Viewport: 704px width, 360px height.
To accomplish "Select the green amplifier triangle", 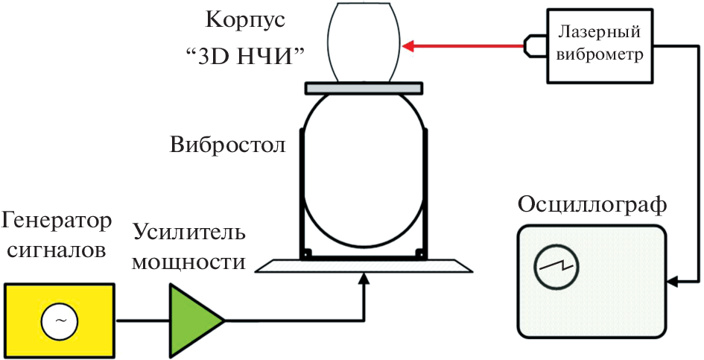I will (x=193, y=320).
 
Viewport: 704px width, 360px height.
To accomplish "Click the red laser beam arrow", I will (x=462, y=47).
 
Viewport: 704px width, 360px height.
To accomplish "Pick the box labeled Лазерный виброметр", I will (x=600, y=45).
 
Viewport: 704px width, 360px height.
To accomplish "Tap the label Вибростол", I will (x=227, y=143).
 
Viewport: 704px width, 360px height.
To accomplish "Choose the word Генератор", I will (x=57, y=221).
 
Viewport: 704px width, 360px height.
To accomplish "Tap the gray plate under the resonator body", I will (x=364, y=88).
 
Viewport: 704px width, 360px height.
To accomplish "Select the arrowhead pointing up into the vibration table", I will (x=364, y=277).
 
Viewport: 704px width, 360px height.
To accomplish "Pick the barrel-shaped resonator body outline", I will (x=364, y=41).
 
